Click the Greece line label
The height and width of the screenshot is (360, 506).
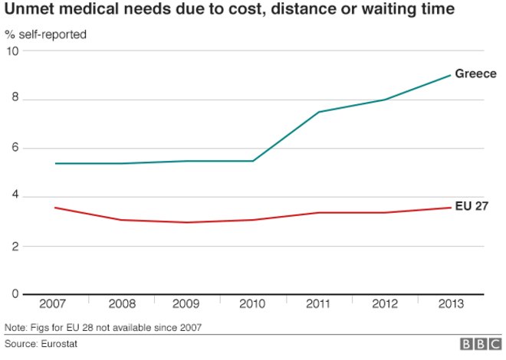tap(476, 74)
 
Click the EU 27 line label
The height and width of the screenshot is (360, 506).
tap(472, 207)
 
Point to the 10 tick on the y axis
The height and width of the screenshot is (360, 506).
tap(11, 51)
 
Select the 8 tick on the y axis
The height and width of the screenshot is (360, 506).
tap(14, 100)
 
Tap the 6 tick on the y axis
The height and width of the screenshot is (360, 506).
tap(14, 149)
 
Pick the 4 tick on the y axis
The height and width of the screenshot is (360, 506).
tap(14, 197)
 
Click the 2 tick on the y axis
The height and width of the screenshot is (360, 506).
tap(14, 246)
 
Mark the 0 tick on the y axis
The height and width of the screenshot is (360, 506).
tap(14, 295)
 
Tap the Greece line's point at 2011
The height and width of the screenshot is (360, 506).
tap(318, 112)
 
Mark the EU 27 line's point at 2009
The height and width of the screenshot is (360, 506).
tap(186, 222)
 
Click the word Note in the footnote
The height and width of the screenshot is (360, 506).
tap(15, 328)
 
